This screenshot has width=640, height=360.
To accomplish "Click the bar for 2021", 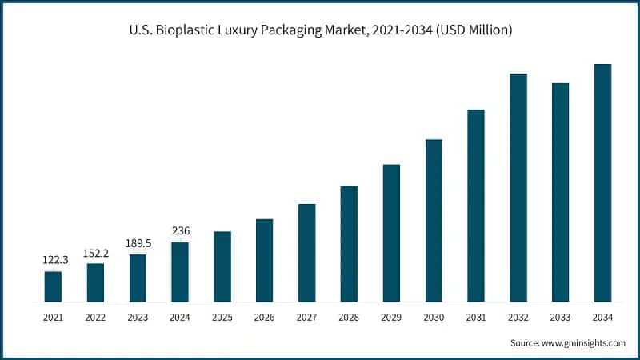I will (x=53, y=286).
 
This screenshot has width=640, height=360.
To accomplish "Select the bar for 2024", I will (x=180, y=272).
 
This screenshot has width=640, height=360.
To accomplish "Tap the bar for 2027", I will (x=306, y=253).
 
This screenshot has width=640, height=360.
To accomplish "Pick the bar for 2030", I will (x=434, y=221).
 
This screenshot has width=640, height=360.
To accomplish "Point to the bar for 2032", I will (x=518, y=188).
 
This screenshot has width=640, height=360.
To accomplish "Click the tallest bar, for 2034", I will (x=603, y=183).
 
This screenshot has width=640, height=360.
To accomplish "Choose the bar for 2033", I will (x=561, y=193).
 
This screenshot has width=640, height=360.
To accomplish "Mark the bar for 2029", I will (x=391, y=233).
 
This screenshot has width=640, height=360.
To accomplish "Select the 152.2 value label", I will (x=95, y=252).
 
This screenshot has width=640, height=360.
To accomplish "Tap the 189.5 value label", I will (x=138, y=243).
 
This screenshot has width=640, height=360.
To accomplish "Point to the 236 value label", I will (x=180, y=231).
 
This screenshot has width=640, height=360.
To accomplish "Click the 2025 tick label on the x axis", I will (x=222, y=318).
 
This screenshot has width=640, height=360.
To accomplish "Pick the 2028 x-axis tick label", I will (x=349, y=318).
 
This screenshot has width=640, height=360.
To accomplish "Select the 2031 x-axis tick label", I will (x=476, y=318).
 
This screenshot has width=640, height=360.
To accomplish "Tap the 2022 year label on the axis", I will (x=95, y=318).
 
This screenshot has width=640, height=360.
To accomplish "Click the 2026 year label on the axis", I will (x=264, y=318).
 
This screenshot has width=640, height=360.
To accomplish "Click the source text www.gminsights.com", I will (x=582, y=342).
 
